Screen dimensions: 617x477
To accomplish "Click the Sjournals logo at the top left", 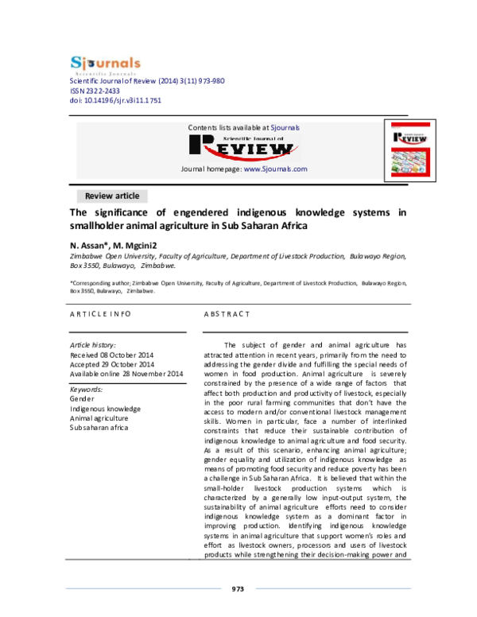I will (105, 64).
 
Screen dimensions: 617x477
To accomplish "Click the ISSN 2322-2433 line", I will (98, 91).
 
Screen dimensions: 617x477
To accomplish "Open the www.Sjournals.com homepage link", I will (275, 169).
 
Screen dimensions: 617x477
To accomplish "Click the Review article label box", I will (112, 196).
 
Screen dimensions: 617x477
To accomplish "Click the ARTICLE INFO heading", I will (100, 315).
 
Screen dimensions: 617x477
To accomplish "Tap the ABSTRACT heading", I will (227, 315).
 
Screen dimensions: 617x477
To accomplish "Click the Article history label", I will (93, 344).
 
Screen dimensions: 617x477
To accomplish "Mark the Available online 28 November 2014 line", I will (127, 373).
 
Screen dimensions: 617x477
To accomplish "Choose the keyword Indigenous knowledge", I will (106, 408).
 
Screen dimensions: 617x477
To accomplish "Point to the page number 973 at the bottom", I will (237, 589).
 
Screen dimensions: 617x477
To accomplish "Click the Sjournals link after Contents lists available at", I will (285, 127).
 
